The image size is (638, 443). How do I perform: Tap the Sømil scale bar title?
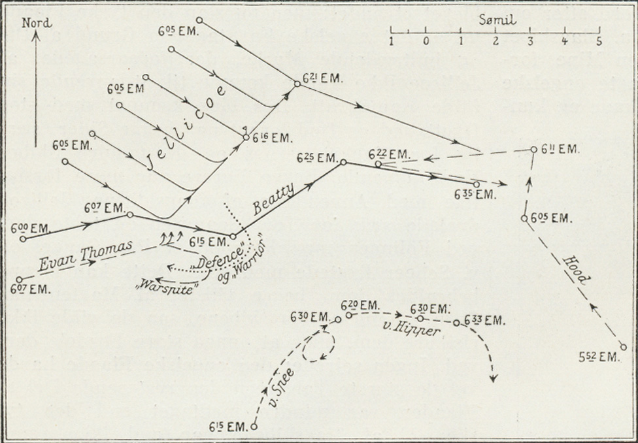point(498,20)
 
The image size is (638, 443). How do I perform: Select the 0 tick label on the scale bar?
point(426,41)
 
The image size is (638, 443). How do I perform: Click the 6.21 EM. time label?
point(322,78)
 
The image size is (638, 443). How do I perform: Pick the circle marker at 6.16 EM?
point(246,137)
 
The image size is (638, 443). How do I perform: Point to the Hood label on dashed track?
point(575,269)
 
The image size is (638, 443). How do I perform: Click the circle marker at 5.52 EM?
point(623,347)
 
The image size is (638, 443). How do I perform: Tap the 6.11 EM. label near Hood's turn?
point(560,149)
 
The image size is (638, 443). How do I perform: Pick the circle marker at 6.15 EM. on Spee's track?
point(254,426)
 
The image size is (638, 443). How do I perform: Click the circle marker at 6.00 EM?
point(23,238)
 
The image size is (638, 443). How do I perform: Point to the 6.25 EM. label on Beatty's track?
point(316,157)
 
